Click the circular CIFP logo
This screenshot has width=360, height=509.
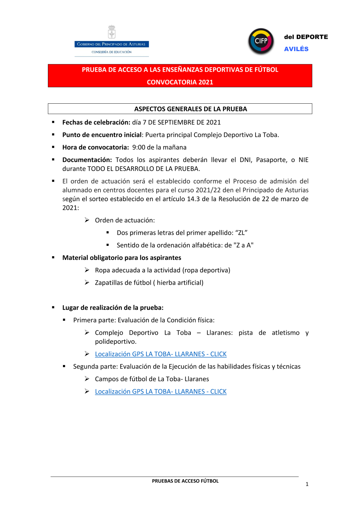click(x=261, y=41)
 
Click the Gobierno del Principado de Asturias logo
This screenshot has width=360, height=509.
click(x=112, y=42)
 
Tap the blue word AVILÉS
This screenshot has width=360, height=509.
click(x=296, y=49)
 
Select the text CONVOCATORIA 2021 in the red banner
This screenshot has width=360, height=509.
click(x=180, y=82)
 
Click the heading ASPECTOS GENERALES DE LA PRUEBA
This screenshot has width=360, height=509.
click(x=190, y=109)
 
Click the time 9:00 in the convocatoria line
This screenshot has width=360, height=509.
click(x=139, y=147)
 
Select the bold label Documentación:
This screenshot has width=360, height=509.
click(x=87, y=160)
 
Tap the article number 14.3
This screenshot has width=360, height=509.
click(x=193, y=199)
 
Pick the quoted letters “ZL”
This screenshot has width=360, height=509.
click(x=241, y=233)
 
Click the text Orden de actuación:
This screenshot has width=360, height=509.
click(x=125, y=220)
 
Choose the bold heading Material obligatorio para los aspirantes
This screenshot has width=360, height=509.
click(x=122, y=258)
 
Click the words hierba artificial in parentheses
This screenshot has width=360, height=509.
click(x=179, y=283)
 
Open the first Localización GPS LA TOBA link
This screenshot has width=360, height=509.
click(x=161, y=354)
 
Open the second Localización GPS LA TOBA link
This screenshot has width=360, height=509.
click(x=161, y=392)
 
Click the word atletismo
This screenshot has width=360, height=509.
click(x=285, y=333)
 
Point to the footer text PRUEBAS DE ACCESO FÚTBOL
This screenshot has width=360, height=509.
click(x=185, y=481)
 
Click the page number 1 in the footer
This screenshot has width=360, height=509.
click(x=307, y=484)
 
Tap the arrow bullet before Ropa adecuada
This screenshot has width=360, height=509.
click(x=87, y=270)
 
